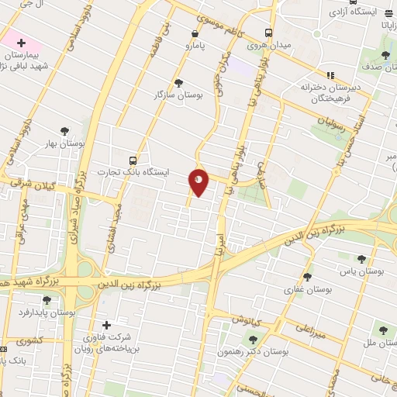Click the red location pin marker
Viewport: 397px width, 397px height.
coord(199,181)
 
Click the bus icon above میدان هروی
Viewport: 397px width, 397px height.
coord(268,33)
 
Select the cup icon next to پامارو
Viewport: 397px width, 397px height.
coord(192,33)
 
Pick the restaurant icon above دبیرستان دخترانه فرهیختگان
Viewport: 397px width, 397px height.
coord(330,75)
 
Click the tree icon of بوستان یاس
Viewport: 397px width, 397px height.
coord(361,260)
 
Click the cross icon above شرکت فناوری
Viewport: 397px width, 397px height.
coord(106,325)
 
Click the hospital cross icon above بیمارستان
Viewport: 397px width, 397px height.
coord(21,43)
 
